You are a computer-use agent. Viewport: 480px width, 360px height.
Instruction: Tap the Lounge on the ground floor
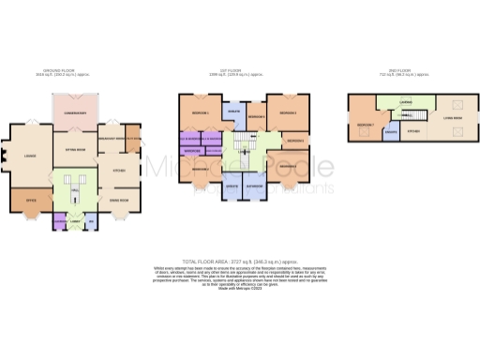31,156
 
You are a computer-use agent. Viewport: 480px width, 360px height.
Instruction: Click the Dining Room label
119,200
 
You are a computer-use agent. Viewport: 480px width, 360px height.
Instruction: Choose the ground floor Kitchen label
119,171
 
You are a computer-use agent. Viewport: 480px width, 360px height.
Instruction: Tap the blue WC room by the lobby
90,221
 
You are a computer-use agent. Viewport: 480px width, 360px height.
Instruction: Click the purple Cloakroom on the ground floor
60,221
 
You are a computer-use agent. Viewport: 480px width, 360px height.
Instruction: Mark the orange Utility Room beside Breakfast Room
134,139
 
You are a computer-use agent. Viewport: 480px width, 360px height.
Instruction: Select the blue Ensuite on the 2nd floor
390,134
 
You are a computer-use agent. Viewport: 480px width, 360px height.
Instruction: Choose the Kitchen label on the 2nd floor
413,131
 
